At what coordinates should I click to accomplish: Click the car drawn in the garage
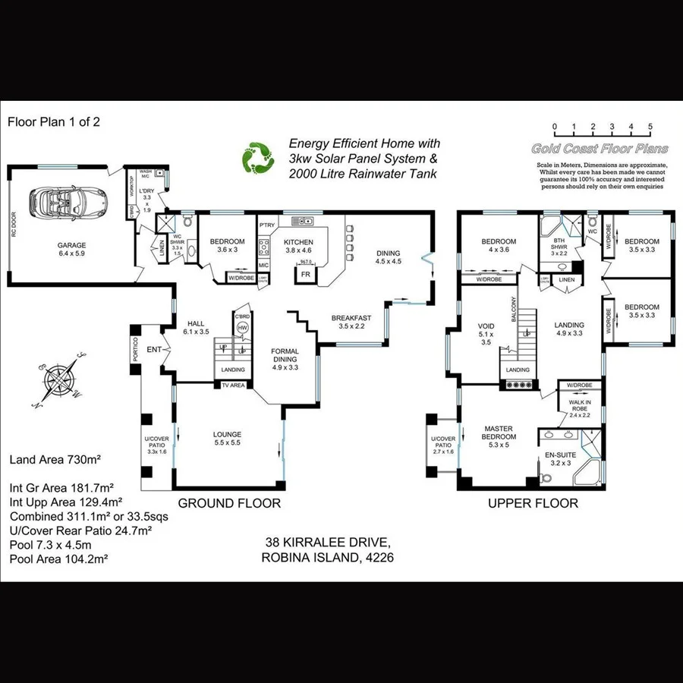tap(68, 203)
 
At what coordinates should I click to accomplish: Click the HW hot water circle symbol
tap(242, 328)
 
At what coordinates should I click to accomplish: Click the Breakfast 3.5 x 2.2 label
tap(351, 322)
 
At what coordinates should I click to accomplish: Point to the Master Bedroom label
tap(499, 437)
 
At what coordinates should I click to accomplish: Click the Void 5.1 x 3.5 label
tap(486, 333)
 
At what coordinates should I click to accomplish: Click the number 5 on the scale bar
tap(650, 127)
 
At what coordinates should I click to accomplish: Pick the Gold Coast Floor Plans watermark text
tap(600, 149)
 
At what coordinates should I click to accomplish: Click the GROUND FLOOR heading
tap(229, 503)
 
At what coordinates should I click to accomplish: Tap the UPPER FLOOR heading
tap(533, 503)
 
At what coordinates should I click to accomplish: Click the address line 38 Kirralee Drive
tap(328, 543)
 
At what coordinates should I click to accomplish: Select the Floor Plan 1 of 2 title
tap(53, 121)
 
